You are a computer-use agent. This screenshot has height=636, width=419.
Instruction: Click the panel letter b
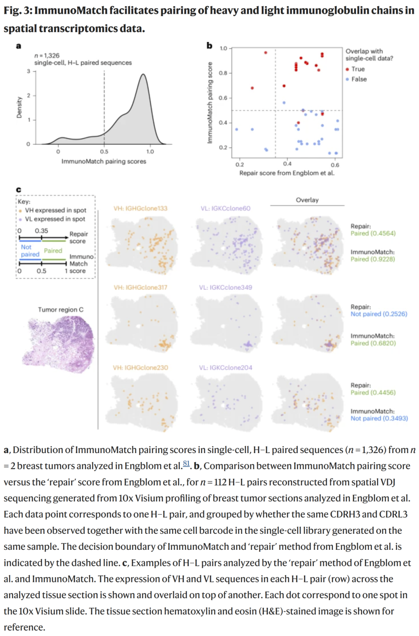coord(209,46)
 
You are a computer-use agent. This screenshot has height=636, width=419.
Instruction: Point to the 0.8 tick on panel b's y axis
coord(223,73)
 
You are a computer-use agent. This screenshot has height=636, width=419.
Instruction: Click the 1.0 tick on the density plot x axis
coord(150,152)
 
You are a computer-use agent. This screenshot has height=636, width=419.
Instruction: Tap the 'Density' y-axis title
coord(19,107)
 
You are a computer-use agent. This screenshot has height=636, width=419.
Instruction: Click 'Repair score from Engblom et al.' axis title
coord(287,173)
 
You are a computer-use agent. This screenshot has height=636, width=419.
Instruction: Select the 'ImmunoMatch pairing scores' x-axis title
coord(104,161)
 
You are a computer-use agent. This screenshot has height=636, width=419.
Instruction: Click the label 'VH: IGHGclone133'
coord(140,208)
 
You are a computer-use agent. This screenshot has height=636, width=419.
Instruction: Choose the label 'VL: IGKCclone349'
coord(225,288)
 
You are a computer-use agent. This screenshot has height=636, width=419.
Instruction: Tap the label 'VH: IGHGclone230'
coord(140,368)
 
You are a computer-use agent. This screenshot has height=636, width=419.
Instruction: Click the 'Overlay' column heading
coord(307,200)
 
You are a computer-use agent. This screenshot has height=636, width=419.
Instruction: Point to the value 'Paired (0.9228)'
coord(372,259)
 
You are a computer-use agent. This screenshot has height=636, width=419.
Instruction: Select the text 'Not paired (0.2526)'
coord(379,314)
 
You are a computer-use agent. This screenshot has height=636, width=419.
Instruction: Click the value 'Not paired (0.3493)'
coord(379,418)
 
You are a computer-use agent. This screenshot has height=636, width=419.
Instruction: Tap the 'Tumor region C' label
coord(61,310)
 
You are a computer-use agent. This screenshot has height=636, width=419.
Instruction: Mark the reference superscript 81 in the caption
coord(186,463)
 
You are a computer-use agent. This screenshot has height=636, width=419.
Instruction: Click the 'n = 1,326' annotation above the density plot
coord(47,56)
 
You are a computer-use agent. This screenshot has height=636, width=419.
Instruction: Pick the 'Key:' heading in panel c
coord(24,202)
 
